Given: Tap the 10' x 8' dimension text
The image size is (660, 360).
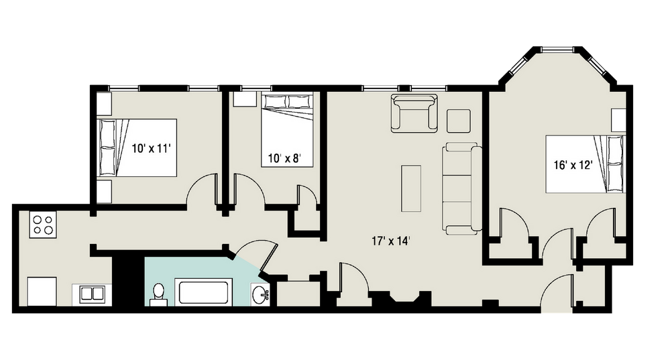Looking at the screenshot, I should (x=280, y=159).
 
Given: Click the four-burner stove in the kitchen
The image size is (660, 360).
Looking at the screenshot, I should (x=42, y=224).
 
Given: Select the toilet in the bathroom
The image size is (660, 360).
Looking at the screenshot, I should (x=159, y=294).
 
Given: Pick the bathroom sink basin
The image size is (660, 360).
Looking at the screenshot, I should (x=260, y=294).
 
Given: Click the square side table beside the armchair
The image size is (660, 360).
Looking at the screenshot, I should (x=459, y=120).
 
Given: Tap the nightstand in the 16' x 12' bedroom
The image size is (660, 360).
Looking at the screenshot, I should (x=618, y=119).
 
